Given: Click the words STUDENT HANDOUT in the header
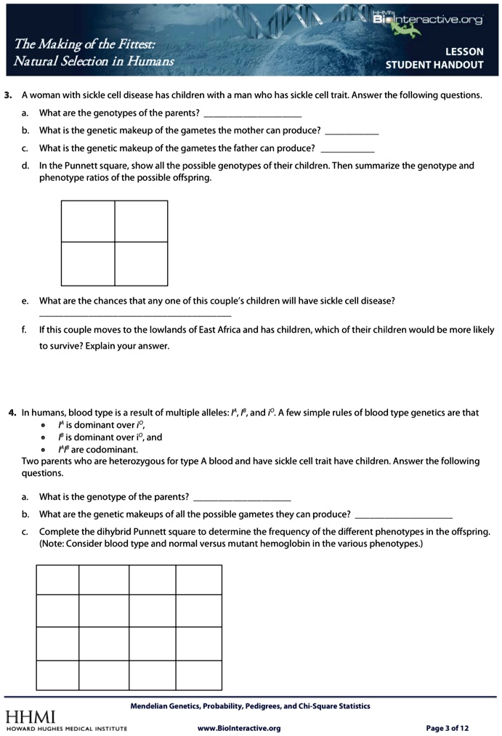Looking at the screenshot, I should coord(434,65).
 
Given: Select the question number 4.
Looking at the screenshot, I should coord(12,413).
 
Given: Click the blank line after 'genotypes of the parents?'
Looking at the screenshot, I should coord(252,116).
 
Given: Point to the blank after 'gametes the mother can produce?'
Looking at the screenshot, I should coord(352,133).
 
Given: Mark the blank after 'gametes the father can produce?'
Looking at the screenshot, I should coord(347,150).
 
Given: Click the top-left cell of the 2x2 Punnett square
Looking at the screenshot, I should coord(88,221).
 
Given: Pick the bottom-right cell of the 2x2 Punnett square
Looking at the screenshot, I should coord(141,263).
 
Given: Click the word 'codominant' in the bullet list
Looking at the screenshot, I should coord(113,449).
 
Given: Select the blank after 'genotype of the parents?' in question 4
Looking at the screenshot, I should coord(242,500).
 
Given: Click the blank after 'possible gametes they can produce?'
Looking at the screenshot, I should coord(403,517).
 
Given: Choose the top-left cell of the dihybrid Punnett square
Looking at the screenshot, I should coord(57,580).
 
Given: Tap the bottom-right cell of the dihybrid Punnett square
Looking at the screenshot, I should coord(198,675).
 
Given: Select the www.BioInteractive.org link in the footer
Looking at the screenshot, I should coord(239,728).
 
